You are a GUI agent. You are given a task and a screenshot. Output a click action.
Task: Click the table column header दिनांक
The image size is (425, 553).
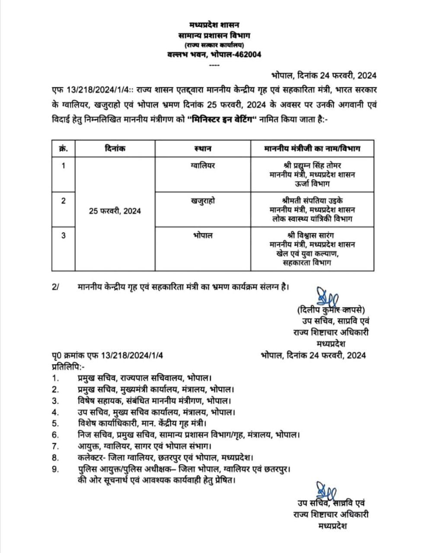(115, 149)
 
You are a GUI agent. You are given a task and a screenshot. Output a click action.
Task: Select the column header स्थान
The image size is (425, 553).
(203, 149)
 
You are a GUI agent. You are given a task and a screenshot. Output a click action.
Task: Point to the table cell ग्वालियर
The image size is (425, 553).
(203, 165)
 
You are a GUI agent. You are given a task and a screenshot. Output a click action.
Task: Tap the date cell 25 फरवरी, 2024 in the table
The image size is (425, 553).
(115, 211)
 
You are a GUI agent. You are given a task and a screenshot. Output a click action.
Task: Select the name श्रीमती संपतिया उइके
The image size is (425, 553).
(312, 201)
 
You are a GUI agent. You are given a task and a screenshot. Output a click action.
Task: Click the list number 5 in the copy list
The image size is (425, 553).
(55, 423)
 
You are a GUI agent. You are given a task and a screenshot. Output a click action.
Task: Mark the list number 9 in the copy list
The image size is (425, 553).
(55, 468)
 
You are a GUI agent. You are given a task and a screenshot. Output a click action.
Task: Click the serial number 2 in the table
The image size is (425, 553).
(64, 201)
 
